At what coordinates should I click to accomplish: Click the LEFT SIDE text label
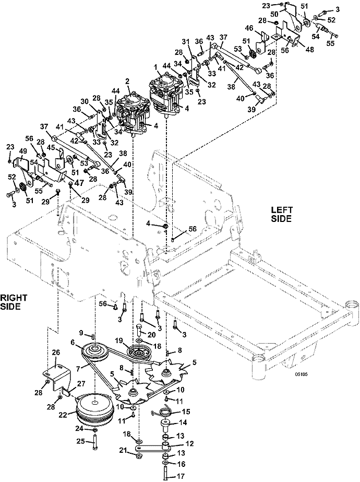click(x=282, y=214)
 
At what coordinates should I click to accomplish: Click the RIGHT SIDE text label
click(x=14, y=302)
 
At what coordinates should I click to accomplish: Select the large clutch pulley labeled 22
click(x=94, y=410)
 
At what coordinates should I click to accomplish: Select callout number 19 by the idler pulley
click(x=119, y=340)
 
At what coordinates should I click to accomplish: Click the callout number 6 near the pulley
click(x=73, y=342)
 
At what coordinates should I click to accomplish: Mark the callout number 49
click(x=23, y=151)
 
